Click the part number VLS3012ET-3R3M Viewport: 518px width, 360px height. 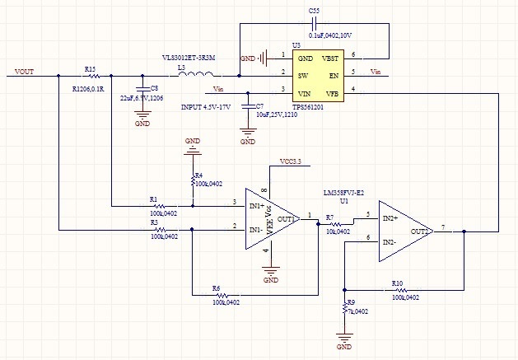[189, 58]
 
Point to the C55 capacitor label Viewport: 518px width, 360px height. [314, 10]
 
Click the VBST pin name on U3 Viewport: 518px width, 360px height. [329, 58]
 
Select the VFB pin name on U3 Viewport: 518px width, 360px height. [331, 95]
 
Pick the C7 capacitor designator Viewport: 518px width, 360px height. [260, 106]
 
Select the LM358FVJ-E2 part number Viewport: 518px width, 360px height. [343, 193]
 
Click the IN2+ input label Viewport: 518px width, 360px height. [390, 218]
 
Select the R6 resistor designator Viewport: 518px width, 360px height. [217, 288]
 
